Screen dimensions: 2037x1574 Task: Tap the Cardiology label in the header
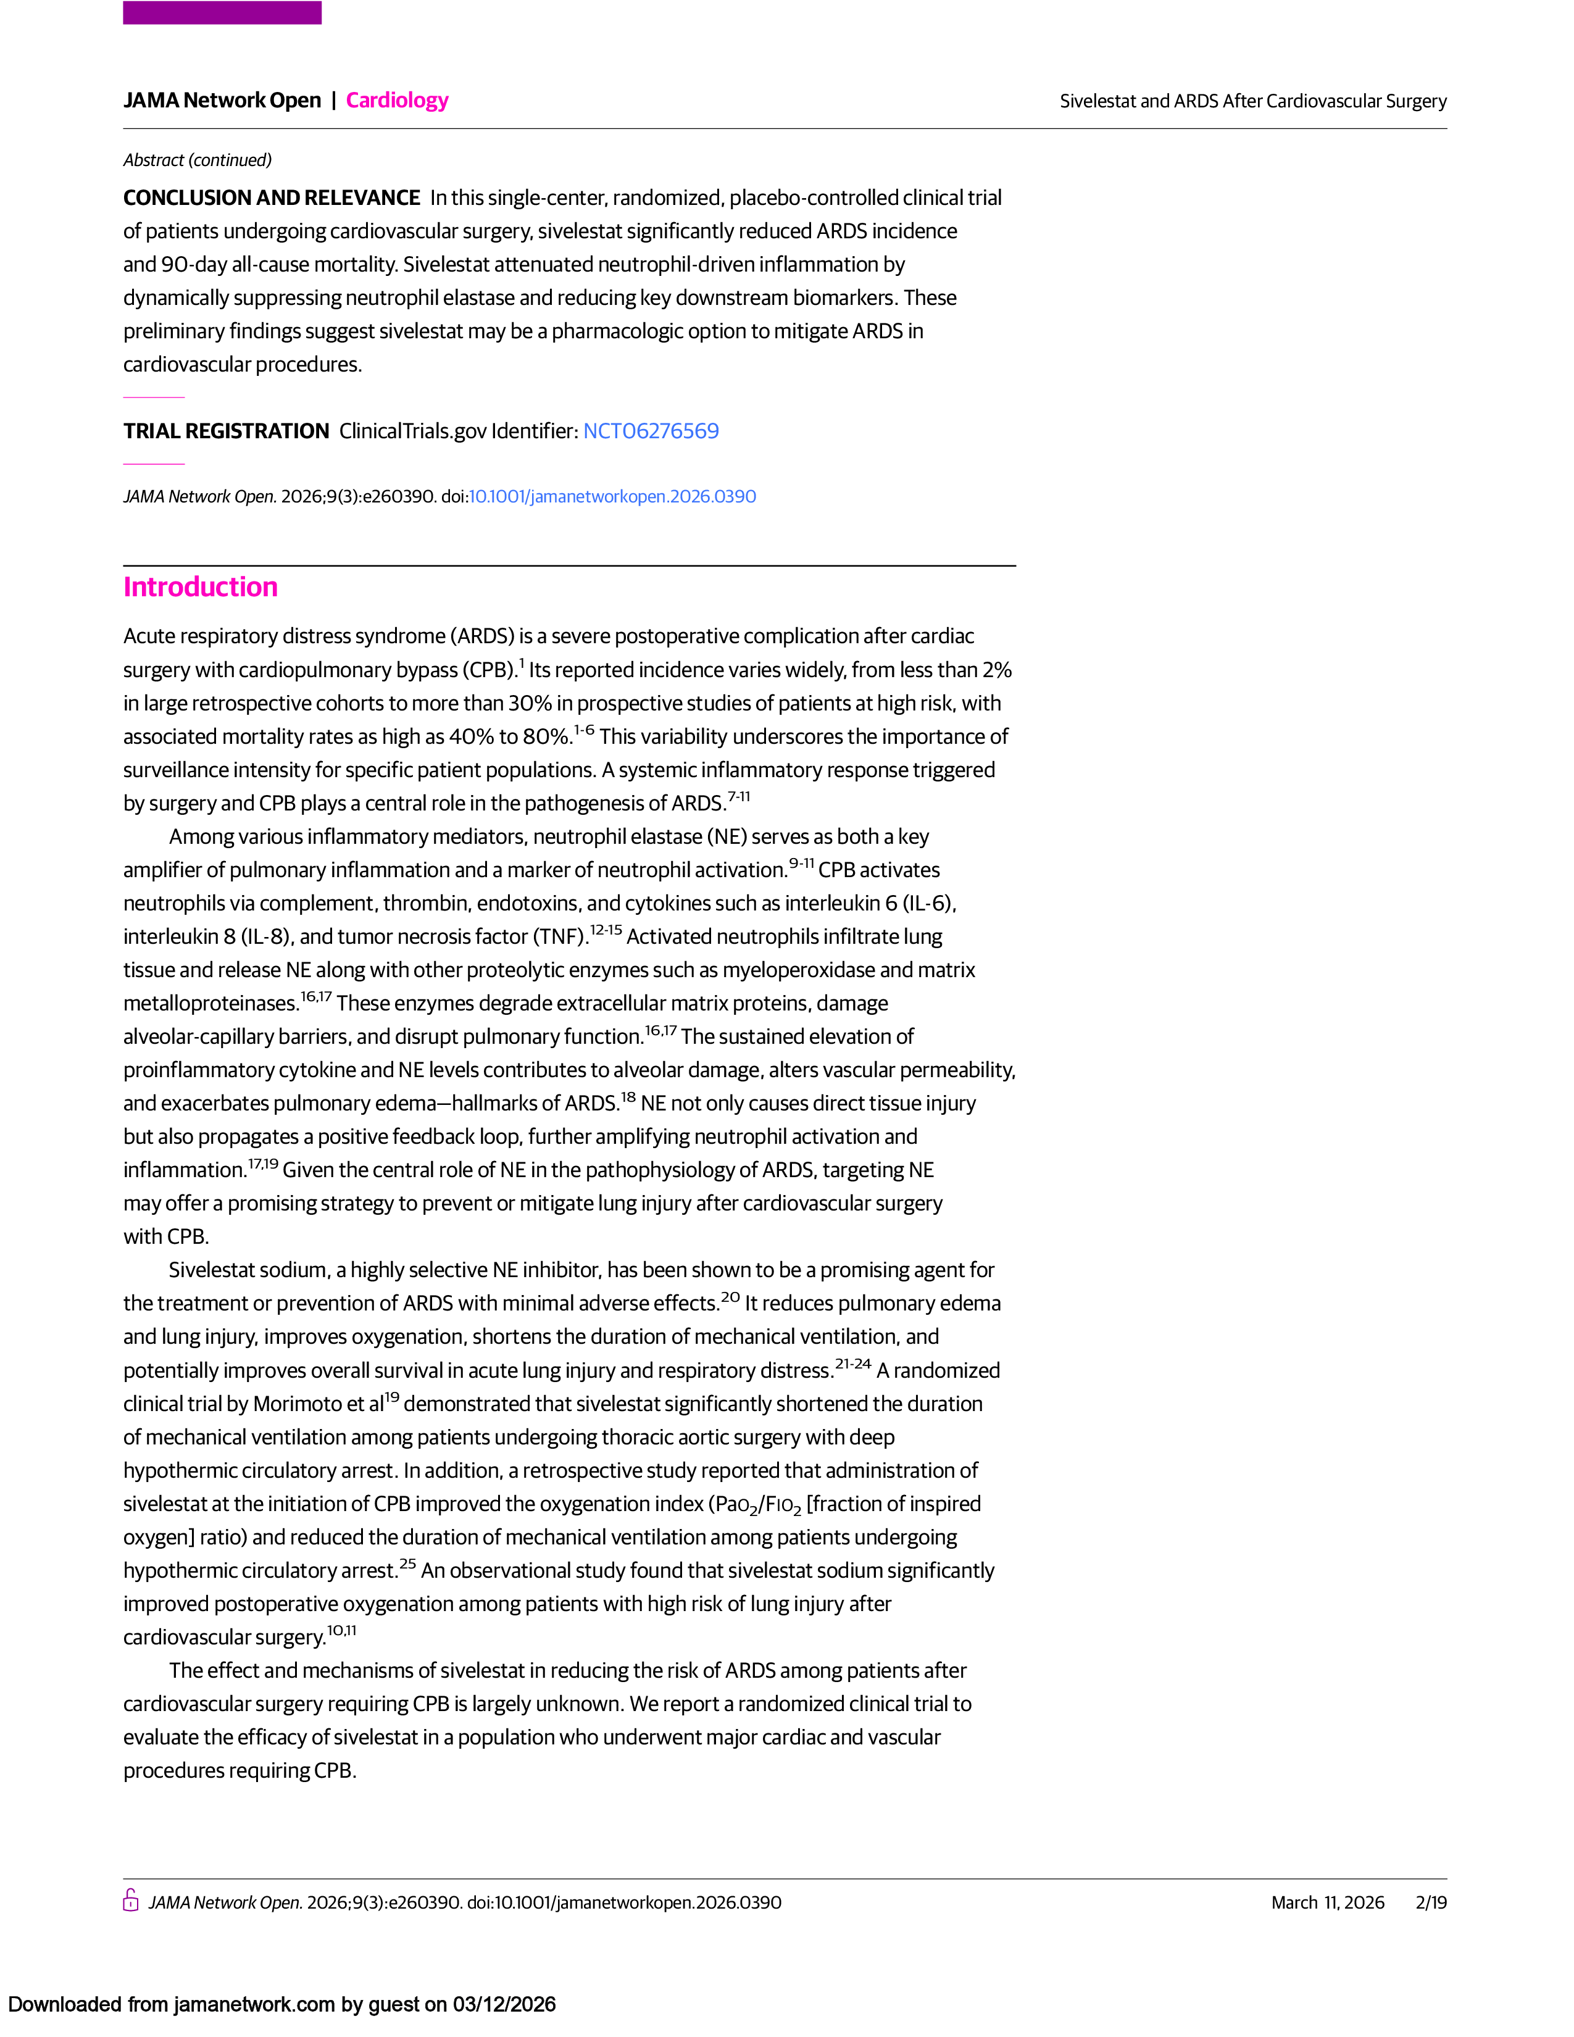point(398,101)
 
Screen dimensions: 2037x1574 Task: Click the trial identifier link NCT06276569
point(651,431)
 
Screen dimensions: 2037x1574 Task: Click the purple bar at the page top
point(222,13)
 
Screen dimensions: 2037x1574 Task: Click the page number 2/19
point(1430,1902)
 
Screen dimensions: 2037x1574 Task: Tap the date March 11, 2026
point(1327,1902)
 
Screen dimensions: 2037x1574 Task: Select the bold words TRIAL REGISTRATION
point(227,431)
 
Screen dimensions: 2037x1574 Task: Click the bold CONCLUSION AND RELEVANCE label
point(272,198)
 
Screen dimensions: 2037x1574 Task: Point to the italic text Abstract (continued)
point(198,160)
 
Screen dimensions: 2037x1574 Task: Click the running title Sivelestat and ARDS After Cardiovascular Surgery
point(1252,101)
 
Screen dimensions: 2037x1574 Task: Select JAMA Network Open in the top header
point(222,101)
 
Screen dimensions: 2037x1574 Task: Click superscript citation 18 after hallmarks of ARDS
point(628,1097)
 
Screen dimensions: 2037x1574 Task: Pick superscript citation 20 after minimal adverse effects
point(730,1296)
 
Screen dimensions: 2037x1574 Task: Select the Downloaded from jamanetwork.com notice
point(281,2004)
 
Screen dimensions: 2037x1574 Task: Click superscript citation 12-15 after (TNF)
point(606,930)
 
